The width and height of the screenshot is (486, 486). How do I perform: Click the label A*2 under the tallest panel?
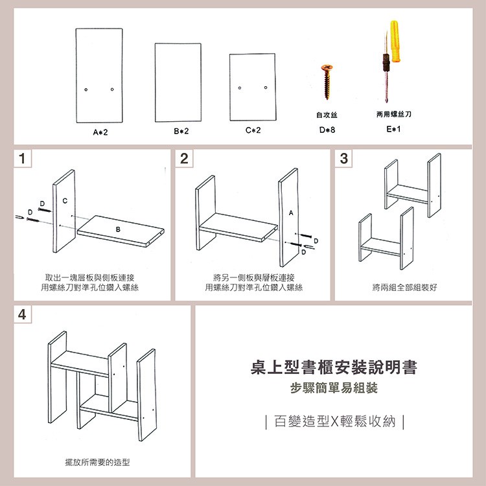tap(100, 132)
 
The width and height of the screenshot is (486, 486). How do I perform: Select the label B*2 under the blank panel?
tap(181, 131)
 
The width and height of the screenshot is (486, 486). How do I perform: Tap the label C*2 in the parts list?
tap(253, 130)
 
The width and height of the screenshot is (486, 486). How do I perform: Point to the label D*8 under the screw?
tap(327, 130)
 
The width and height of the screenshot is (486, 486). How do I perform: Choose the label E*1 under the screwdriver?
tap(393, 129)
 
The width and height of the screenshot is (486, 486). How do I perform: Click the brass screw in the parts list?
tap(327, 82)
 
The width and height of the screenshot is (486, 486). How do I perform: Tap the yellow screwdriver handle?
tap(395, 41)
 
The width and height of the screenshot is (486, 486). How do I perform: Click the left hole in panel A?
tap(86, 89)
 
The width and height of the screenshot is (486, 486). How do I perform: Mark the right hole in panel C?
tap(266, 87)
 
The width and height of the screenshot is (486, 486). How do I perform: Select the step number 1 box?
tap(22, 158)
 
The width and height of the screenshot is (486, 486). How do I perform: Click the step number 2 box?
tap(184, 158)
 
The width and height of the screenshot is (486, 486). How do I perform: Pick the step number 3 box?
tap(343, 158)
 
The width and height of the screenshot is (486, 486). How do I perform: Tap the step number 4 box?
tap(22, 314)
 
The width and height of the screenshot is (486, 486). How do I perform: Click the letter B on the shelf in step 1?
tap(118, 229)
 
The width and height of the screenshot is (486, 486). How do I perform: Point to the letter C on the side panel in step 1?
tap(65, 201)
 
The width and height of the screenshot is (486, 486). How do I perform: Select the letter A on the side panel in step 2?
tap(291, 213)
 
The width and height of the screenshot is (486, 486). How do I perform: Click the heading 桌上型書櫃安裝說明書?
tap(334, 367)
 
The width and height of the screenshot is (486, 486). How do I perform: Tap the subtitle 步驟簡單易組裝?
tap(334, 388)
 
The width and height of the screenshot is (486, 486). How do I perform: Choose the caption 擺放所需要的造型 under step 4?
tap(97, 463)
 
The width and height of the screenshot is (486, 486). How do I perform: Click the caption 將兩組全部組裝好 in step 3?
tap(405, 287)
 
